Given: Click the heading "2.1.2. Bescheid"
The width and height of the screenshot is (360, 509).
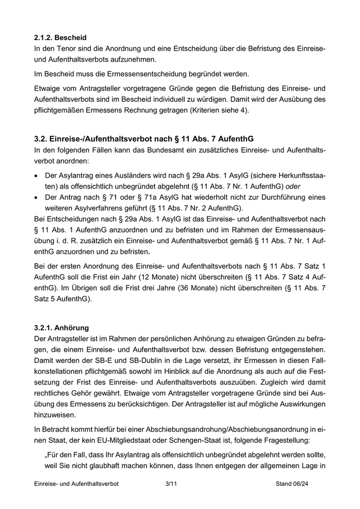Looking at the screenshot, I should coord(60,38).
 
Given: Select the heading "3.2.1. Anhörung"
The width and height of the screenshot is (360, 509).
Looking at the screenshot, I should coord(61,327).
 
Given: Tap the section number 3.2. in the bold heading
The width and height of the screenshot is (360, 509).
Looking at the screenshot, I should coord(42,139).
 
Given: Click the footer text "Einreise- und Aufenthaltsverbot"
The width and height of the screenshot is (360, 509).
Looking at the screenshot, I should coord(76,484).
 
